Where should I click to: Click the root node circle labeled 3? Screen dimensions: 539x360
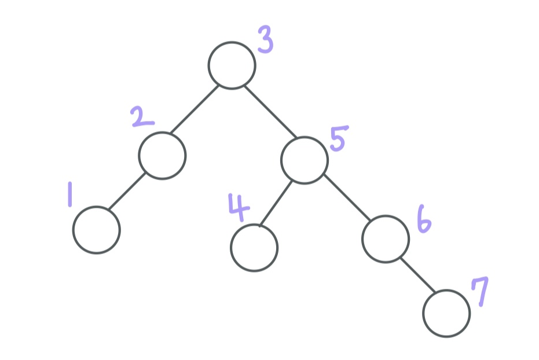click(232, 65)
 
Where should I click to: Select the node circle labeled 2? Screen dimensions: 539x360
click(162, 155)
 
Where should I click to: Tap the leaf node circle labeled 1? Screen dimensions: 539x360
click(96, 230)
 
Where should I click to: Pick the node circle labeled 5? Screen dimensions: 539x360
click(305, 160)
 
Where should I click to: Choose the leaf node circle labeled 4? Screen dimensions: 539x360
click(254, 248)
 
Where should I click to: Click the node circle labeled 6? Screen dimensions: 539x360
click(386, 238)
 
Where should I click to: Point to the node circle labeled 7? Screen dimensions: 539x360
click(446, 313)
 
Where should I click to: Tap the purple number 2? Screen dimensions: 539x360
click(142, 115)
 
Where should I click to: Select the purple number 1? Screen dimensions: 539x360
click(70, 194)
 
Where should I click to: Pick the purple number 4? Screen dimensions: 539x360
click(238, 206)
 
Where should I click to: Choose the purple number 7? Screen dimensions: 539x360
click(480, 291)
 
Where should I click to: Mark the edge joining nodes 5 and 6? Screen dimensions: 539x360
click(345, 195)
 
